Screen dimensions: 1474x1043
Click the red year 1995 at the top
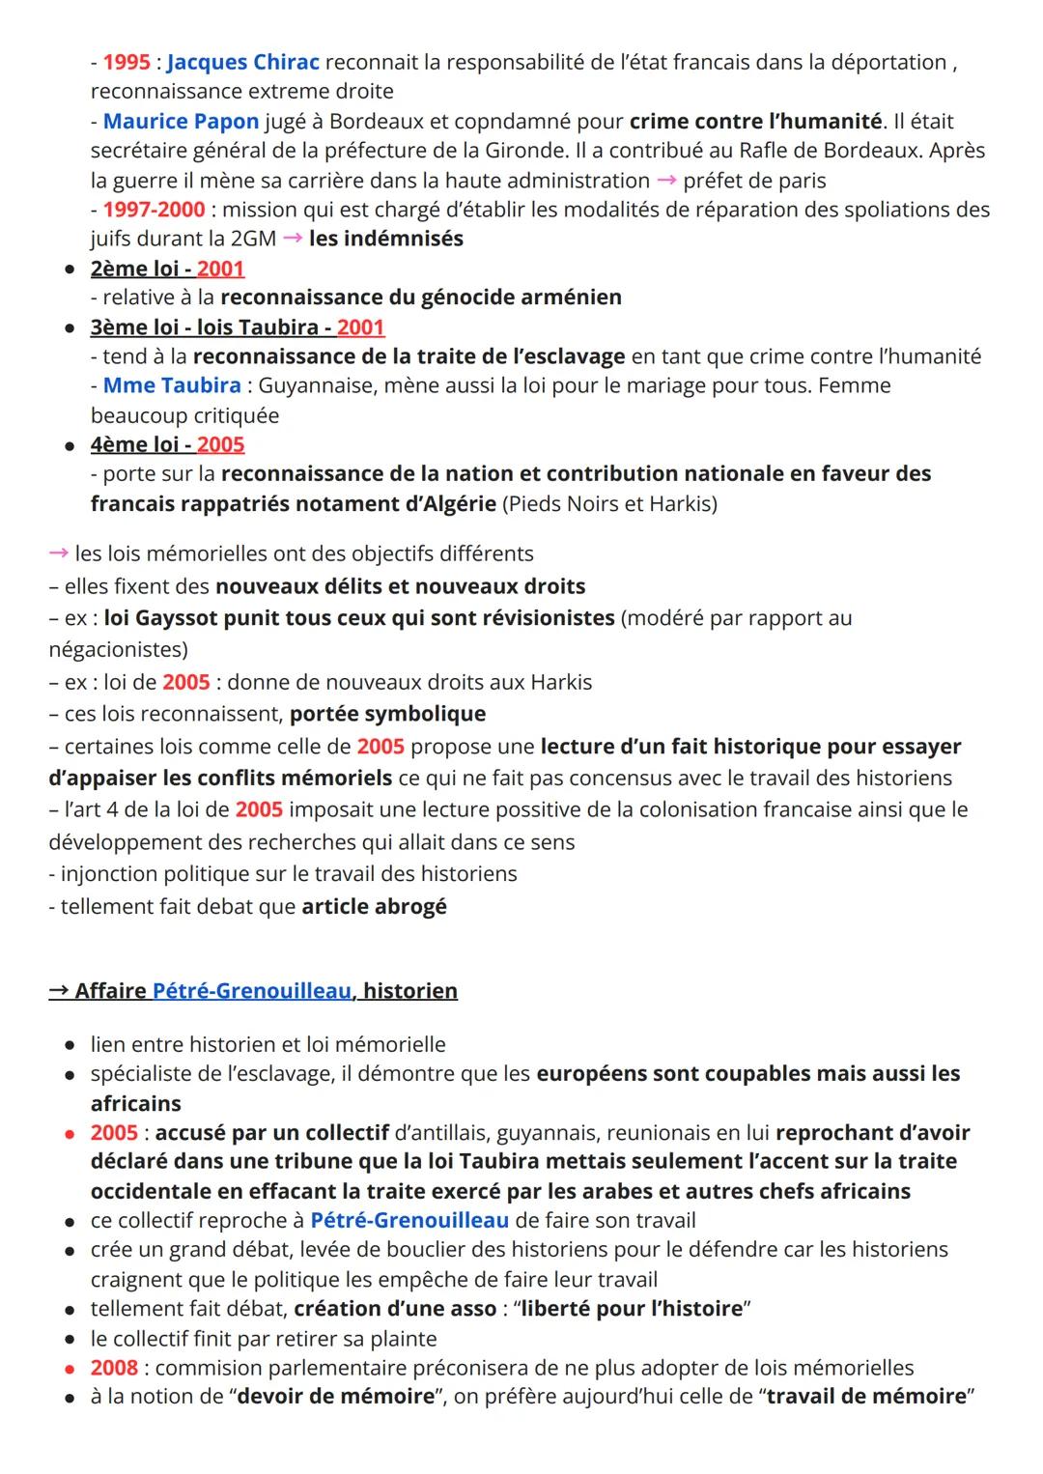click(x=127, y=63)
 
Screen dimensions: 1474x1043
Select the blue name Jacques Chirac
click(x=242, y=63)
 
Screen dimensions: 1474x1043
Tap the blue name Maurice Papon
click(x=181, y=122)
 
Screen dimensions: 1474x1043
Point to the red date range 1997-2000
click(x=154, y=210)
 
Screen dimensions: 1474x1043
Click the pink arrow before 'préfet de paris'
click(x=666, y=181)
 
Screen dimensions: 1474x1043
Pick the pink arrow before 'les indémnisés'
click(x=293, y=239)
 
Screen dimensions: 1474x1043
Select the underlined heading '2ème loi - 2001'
click(x=167, y=269)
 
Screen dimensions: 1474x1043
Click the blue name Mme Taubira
click(x=172, y=385)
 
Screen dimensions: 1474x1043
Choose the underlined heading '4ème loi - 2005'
click(x=167, y=444)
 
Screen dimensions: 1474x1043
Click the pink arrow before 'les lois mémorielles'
click(x=59, y=553)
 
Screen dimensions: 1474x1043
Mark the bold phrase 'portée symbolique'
click(x=387, y=714)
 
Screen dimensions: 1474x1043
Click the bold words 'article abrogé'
click(x=374, y=907)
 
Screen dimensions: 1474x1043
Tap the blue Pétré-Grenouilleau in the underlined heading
click(x=252, y=991)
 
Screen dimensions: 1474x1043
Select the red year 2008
click(x=114, y=1368)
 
